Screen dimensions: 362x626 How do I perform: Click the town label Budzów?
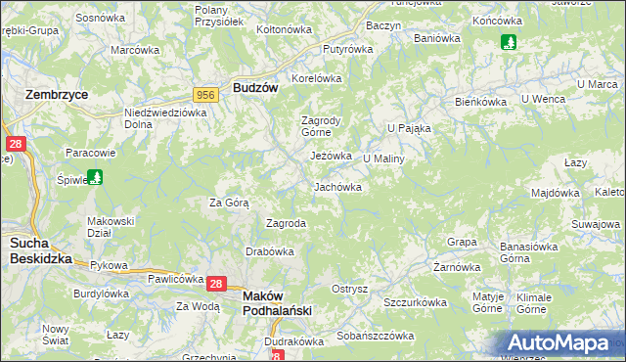click(x=256, y=87)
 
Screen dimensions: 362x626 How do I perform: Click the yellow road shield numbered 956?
click(x=205, y=94)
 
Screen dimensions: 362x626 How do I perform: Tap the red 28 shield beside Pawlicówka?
click(x=217, y=284)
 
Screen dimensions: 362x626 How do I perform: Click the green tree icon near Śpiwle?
click(x=95, y=177)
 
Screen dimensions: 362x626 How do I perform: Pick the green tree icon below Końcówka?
click(x=508, y=42)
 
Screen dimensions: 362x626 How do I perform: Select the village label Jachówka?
click(x=337, y=186)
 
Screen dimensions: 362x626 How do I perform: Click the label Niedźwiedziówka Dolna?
click(x=166, y=118)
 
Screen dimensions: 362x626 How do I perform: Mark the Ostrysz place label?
click(x=349, y=289)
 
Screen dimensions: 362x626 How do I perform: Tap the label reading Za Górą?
click(x=229, y=203)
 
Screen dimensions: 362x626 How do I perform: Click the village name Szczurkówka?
click(x=415, y=303)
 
